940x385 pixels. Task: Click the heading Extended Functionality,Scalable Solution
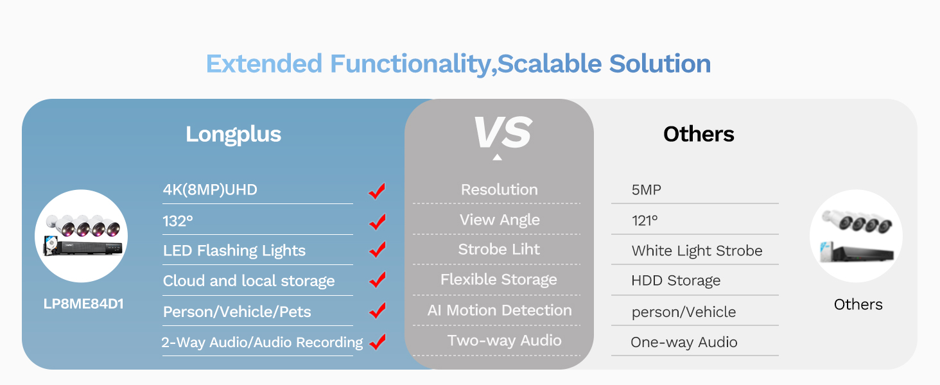[458, 64]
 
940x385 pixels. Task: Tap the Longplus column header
[233, 134]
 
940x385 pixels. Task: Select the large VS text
[501, 133]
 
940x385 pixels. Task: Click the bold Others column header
[699, 134]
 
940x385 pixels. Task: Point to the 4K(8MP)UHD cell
[210, 189]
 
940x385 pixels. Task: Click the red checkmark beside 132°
[378, 221]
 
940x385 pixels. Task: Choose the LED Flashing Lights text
[234, 250]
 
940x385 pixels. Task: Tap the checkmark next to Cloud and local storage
[378, 280]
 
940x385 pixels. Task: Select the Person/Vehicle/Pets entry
[237, 312]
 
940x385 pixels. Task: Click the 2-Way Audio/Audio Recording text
[262, 342]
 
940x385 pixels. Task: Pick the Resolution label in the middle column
[499, 189]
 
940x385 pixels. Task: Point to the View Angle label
[500, 219]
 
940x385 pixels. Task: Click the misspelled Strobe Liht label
[499, 250]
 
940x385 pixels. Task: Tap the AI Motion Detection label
[500, 310]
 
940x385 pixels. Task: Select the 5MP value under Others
[646, 190]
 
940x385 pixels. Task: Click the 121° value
[645, 220]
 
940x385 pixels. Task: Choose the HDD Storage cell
[675, 280]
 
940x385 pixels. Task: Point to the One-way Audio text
[684, 342]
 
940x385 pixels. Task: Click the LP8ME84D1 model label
[83, 304]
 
